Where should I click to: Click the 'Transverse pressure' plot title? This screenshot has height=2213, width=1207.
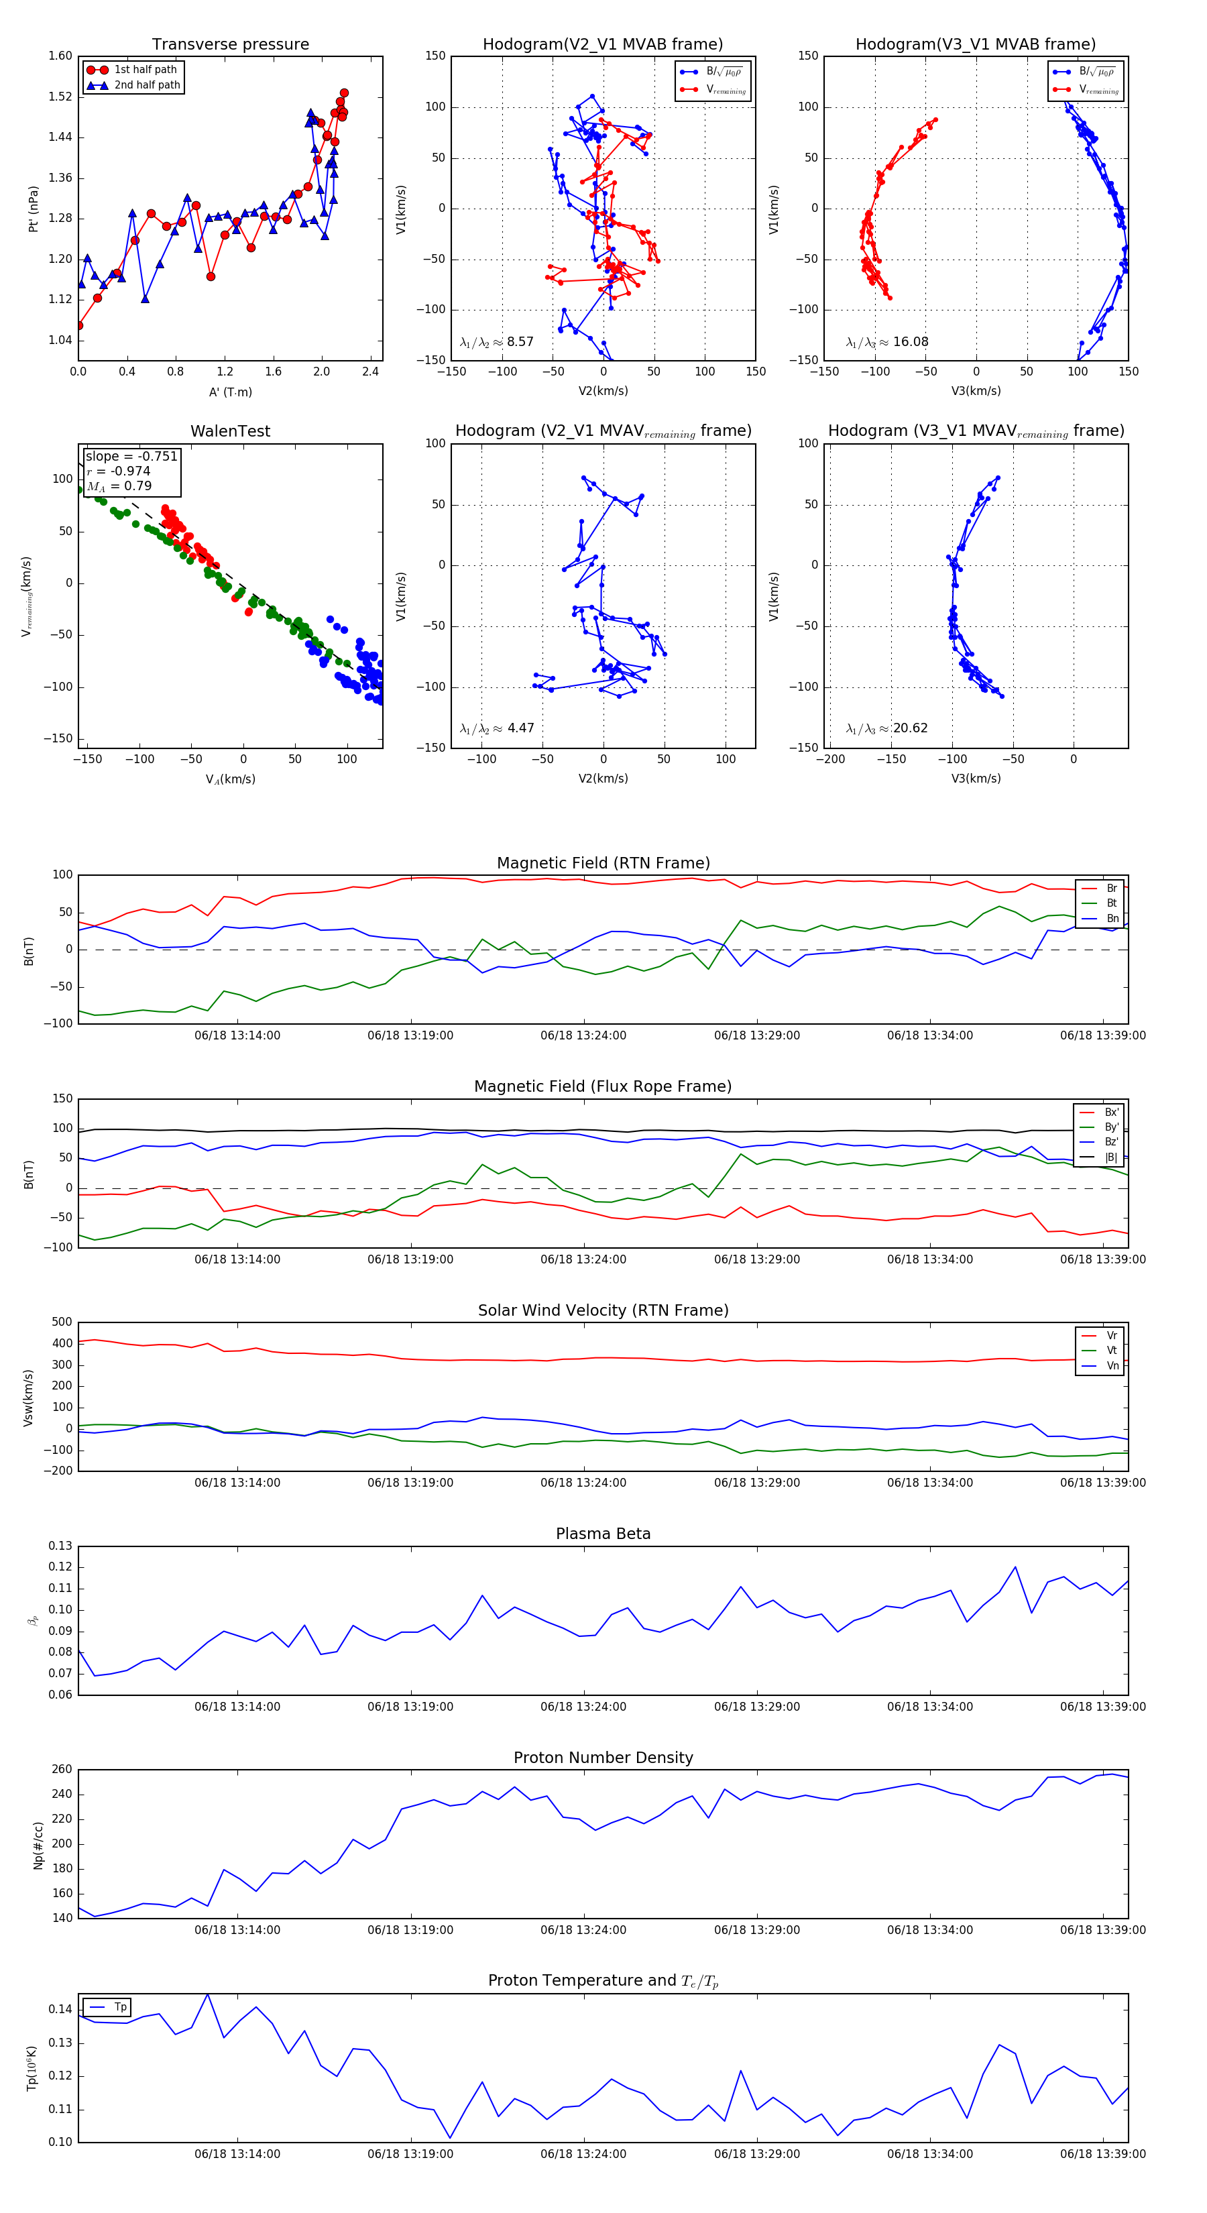pos(230,45)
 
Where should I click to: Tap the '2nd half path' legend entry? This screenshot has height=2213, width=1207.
pos(147,85)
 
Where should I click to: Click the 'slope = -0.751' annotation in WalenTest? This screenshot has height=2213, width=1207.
pos(131,456)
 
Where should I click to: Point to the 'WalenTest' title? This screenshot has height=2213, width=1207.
pos(230,431)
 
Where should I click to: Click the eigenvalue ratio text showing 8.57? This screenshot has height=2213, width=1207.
pos(496,342)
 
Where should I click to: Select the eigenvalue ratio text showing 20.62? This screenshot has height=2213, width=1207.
pos(886,728)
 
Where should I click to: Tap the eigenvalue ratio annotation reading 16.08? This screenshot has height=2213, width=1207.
pos(886,342)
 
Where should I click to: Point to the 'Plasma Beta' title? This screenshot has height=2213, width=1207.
pos(603,1534)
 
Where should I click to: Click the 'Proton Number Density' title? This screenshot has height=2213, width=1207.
pos(603,1758)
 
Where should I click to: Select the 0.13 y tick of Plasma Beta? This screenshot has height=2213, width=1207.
pos(60,1546)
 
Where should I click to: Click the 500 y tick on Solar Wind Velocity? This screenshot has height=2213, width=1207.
pos(62,1322)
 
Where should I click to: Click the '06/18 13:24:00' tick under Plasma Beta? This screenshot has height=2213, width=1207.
pos(583,1706)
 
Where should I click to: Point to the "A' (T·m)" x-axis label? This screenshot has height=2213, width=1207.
pos(230,392)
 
